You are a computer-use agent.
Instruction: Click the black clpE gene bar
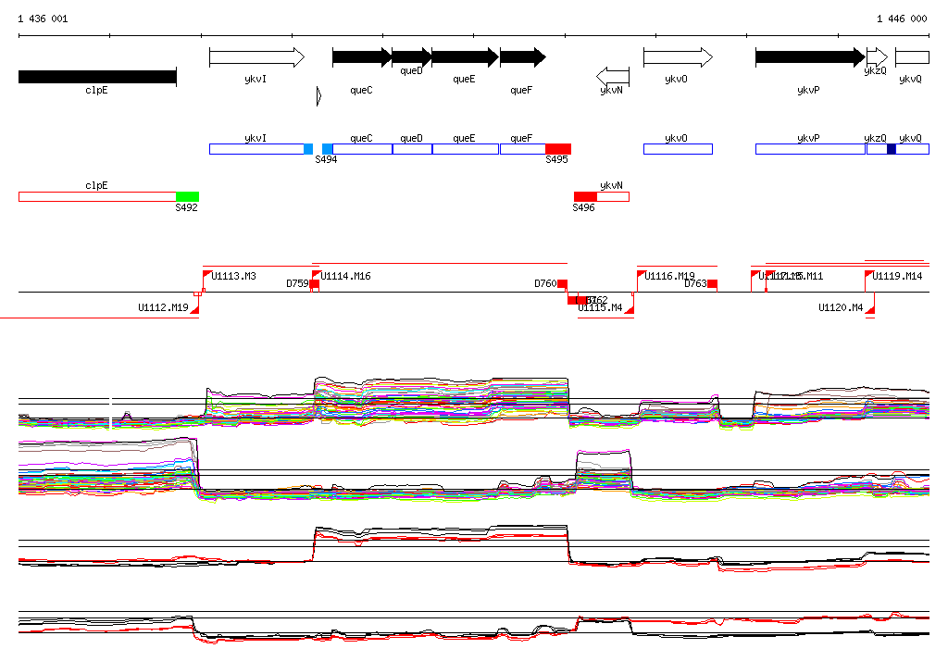tap(97, 77)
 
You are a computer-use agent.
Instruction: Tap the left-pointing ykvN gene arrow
tap(613, 74)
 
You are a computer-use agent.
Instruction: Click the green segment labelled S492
tap(187, 196)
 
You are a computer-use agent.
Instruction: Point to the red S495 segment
tap(557, 149)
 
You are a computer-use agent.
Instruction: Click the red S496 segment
tap(585, 196)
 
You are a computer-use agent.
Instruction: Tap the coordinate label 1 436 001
tap(43, 19)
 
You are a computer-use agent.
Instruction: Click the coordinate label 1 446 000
tap(901, 19)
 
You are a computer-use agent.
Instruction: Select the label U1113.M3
tap(234, 276)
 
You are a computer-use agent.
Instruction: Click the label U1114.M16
tap(347, 276)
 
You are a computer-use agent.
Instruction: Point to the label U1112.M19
tap(163, 307)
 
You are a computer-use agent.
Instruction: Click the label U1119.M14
tap(898, 276)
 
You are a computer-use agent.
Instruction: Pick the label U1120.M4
tap(841, 307)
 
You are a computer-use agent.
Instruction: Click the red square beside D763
tap(713, 283)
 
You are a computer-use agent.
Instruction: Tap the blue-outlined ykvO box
tap(678, 149)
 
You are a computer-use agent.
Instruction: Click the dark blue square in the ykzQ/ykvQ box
tap(892, 149)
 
